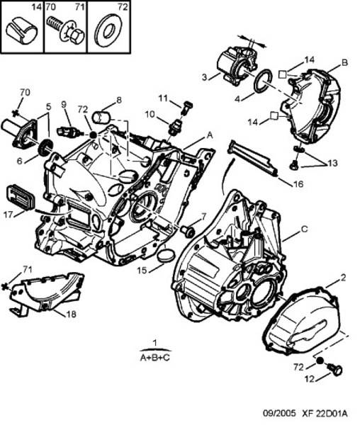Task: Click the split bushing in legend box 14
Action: (22, 30)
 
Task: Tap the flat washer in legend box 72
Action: (108, 31)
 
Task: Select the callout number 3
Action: (204, 77)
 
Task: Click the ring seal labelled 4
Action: (263, 81)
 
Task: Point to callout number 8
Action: (119, 100)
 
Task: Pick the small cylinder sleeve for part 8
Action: (101, 117)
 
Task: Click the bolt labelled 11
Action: (186, 108)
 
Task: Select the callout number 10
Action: (150, 114)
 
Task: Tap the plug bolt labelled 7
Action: (188, 230)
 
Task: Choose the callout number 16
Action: (298, 184)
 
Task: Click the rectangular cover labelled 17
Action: (21, 198)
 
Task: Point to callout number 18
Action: (72, 314)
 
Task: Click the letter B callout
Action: (344, 63)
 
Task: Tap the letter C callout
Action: (305, 229)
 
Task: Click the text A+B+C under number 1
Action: (154, 358)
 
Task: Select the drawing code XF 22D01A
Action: (325, 414)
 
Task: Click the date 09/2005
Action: (279, 414)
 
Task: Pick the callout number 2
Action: (343, 278)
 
